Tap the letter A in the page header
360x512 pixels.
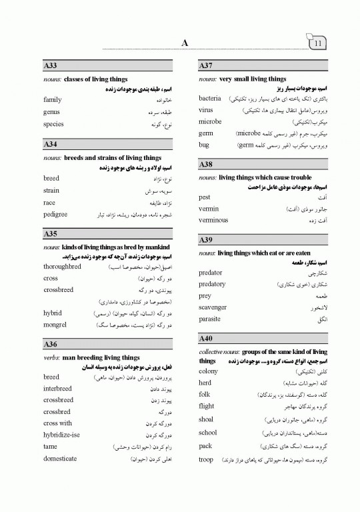click(185, 44)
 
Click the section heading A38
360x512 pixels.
click(206, 164)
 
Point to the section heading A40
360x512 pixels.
click(206, 339)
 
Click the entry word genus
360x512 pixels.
click(51, 112)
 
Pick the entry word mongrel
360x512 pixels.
click(55, 325)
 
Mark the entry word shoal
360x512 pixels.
click(207, 419)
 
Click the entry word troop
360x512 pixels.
click(207, 460)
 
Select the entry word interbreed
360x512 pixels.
click(58, 388)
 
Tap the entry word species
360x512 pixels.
click(53, 124)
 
